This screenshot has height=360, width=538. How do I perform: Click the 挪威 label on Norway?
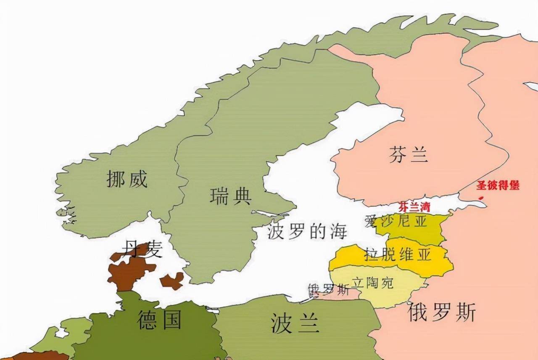(x=127, y=180)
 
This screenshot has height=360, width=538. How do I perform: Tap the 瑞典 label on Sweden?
(x=230, y=196)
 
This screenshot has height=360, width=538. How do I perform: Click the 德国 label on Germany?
(x=159, y=320)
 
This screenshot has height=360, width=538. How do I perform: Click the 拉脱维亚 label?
(x=398, y=254)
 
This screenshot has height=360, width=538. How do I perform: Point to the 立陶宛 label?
(x=372, y=282)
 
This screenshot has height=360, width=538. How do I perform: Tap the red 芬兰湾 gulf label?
(x=414, y=207)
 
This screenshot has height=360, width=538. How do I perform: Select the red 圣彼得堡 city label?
(x=498, y=185)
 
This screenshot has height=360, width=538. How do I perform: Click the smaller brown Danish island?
(x=172, y=281)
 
